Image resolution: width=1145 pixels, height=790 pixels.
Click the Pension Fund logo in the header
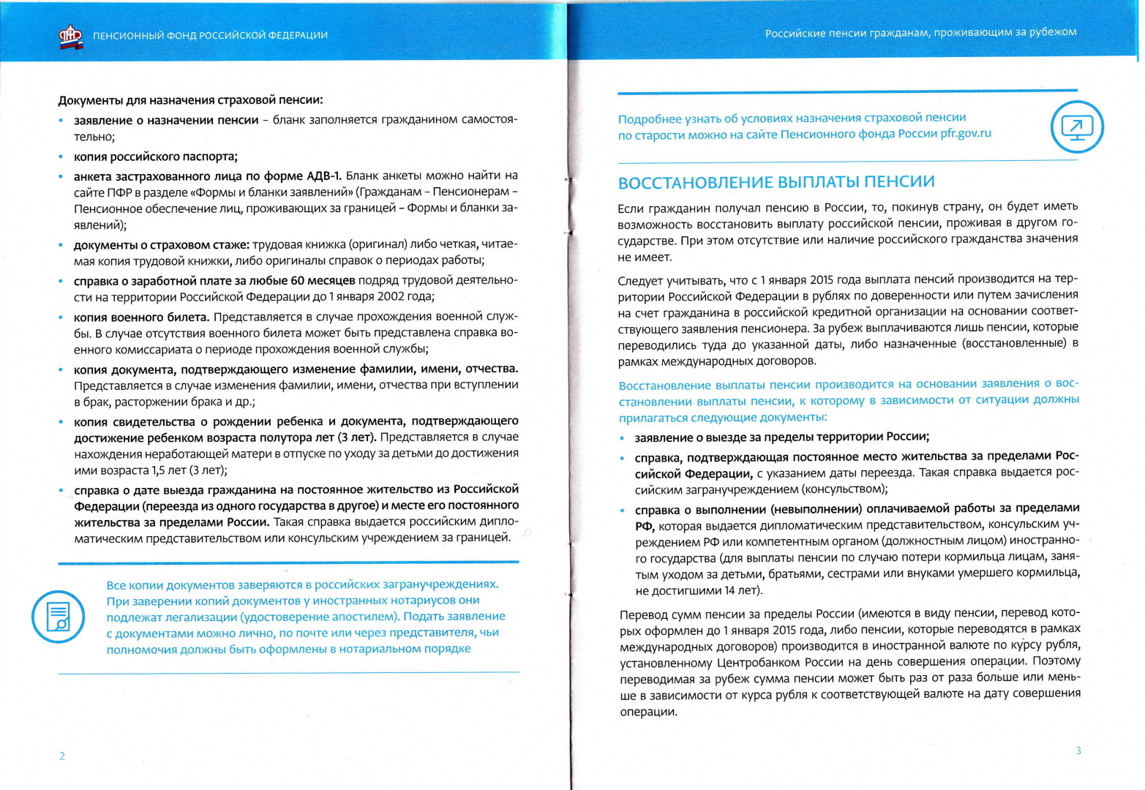[71, 36]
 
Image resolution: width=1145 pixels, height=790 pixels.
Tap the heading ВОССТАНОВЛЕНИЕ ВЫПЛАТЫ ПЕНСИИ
[776, 182]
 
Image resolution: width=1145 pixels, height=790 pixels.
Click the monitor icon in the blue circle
[1076, 127]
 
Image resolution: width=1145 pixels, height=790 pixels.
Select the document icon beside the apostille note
[58, 617]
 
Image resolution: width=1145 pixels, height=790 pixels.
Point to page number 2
[62, 756]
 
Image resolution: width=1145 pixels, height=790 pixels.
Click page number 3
[1078, 750]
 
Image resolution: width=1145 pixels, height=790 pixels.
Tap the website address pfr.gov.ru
[966, 133]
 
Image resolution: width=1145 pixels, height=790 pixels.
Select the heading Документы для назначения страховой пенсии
[190, 100]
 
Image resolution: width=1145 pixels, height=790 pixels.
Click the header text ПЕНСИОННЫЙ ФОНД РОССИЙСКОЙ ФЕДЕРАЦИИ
[210, 35]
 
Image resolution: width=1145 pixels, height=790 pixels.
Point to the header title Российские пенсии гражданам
[920, 32]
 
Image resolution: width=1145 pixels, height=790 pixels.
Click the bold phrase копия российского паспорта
[155, 157]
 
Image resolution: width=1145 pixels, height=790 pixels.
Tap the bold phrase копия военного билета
[141, 317]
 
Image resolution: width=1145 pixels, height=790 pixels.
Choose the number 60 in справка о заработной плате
[297, 281]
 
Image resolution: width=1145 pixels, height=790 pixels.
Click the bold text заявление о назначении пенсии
[166, 120]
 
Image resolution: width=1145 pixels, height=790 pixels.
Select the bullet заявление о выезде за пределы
[781, 437]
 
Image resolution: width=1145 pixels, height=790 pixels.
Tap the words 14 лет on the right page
[740, 590]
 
